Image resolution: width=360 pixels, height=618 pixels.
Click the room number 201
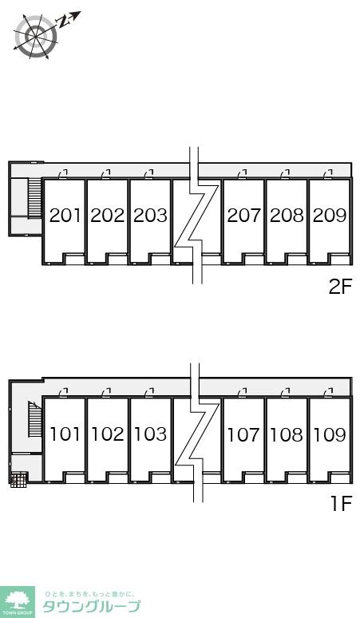tap(65, 216)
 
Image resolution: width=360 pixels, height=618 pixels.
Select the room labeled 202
tap(107, 216)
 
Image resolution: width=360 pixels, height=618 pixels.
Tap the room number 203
tap(150, 216)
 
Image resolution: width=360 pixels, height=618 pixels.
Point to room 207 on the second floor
tap(243, 216)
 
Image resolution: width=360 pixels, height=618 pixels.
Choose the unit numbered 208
tap(287, 216)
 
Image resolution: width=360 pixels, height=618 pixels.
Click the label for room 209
tap(330, 216)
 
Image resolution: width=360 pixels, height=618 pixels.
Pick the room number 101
tap(65, 435)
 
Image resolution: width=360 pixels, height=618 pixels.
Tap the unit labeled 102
tap(107, 435)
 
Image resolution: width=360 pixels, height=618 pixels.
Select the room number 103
tap(150, 435)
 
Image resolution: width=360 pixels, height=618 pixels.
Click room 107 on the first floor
tap(243, 435)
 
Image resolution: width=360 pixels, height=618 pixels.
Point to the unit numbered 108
tap(287, 435)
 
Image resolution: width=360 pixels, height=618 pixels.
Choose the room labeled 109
tap(330, 435)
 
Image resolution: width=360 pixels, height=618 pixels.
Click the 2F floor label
tap(340, 287)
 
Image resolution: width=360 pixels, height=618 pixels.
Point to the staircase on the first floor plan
tap(34, 419)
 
